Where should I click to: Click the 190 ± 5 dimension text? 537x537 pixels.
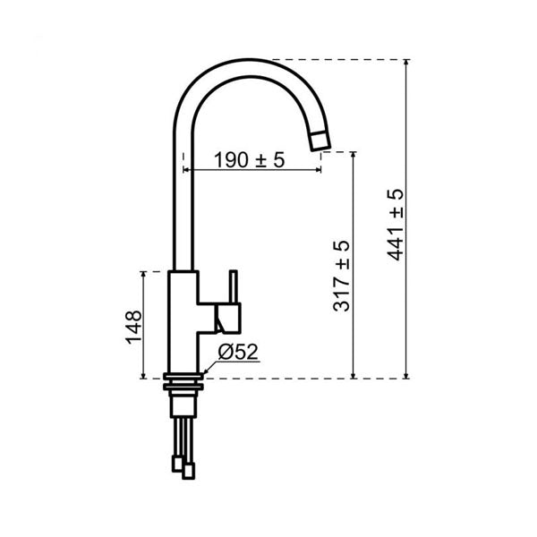[x=250, y=160]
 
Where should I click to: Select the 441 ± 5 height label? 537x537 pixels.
[x=396, y=225]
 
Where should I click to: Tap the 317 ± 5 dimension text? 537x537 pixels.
[x=342, y=276]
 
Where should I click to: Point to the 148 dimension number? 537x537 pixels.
[x=133, y=327]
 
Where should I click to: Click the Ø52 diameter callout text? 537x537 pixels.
[x=238, y=352]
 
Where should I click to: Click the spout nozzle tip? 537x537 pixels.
[x=320, y=141]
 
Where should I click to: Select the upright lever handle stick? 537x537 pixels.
[x=234, y=287]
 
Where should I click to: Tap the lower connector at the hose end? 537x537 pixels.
[x=188, y=471]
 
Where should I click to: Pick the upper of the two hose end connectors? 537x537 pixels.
[x=177, y=464]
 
